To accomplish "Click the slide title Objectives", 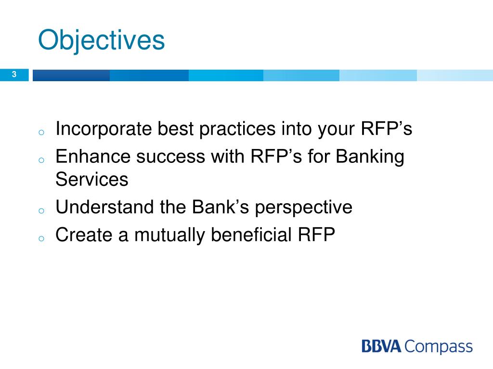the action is pyautogui.click(x=101, y=41).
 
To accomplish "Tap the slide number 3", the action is pyautogui.click(x=14, y=74).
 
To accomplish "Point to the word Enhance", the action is pyautogui.click(x=93, y=156).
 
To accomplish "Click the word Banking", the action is pyautogui.click(x=370, y=157).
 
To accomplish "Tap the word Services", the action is pyautogui.click(x=92, y=180).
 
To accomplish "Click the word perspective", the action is pyautogui.click(x=303, y=208).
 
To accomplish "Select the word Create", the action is pyautogui.click(x=84, y=234).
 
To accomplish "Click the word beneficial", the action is pyautogui.click(x=251, y=234).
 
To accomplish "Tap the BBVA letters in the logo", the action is pyautogui.click(x=381, y=346).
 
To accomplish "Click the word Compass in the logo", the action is pyautogui.click(x=438, y=347).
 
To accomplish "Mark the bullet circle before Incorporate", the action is pyautogui.click(x=41, y=133).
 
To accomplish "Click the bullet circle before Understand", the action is pyautogui.click(x=41, y=210).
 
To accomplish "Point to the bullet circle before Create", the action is pyautogui.click(x=41, y=238).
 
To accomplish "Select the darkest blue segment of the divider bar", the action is pyautogui.click(x=71, y=75).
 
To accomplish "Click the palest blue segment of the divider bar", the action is pyautogui.click(x=455, y=75).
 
